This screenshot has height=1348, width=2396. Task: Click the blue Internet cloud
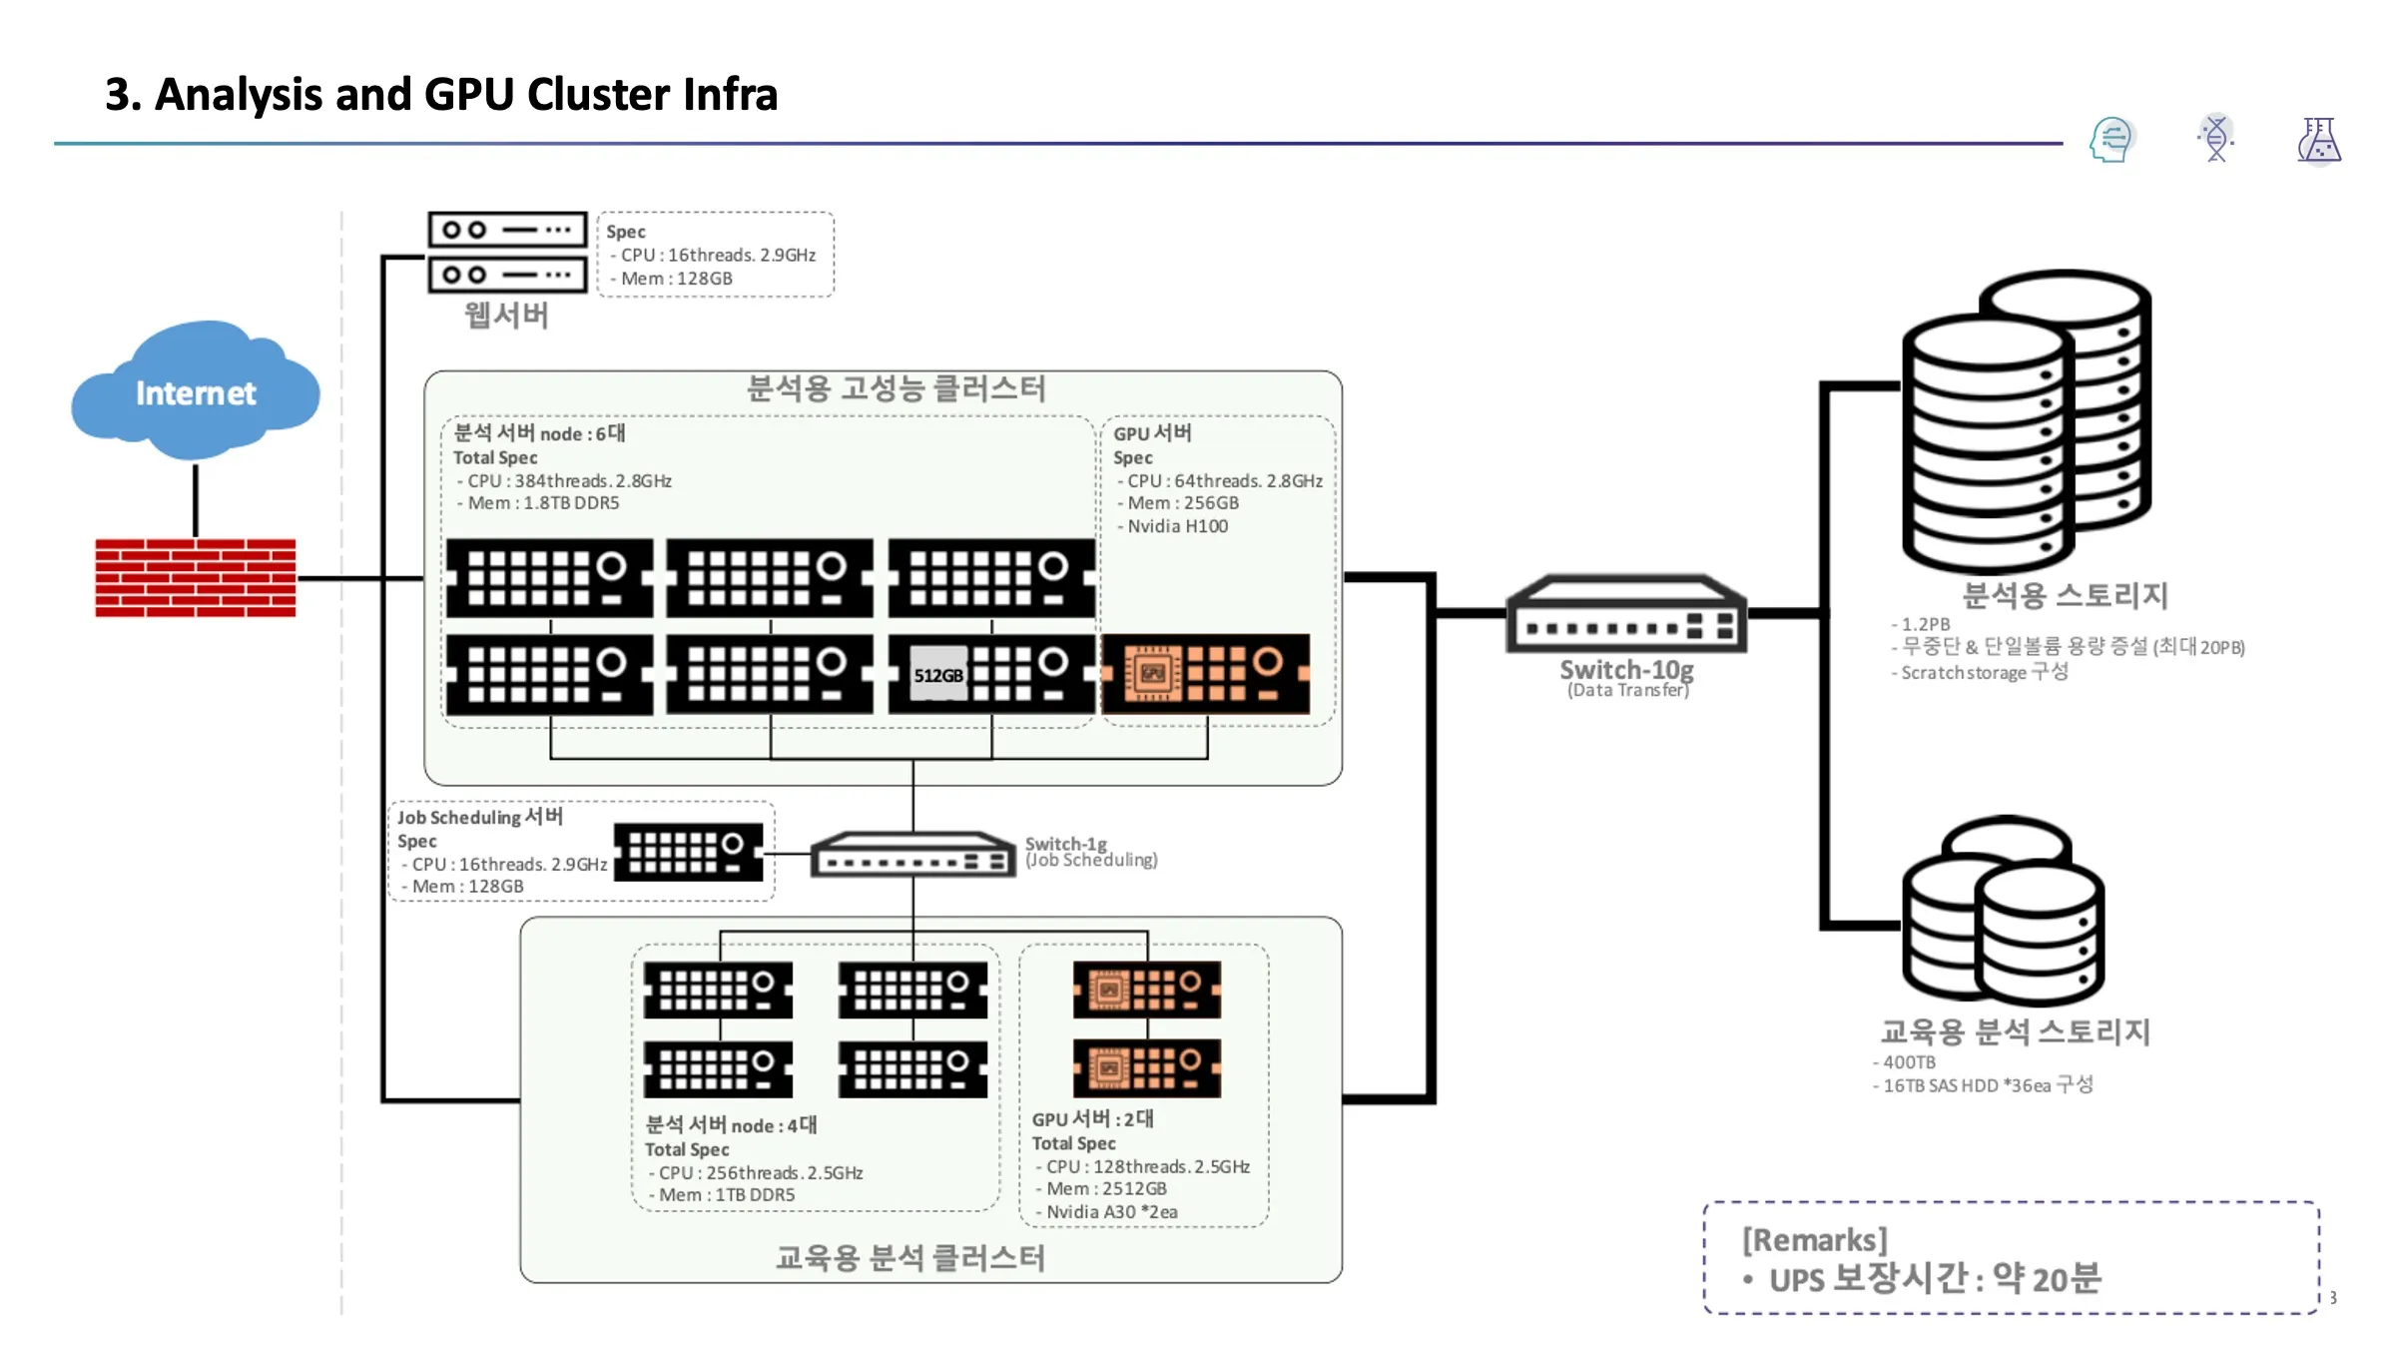coord(196,391)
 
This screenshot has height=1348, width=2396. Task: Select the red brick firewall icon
coord(196,577)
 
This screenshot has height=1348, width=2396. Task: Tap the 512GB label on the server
coord(938,675)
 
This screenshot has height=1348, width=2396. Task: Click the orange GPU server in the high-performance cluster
coord(1206,674)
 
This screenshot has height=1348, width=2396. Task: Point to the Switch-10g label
coord(1626,669)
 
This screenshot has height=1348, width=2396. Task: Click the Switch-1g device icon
coord(912,856)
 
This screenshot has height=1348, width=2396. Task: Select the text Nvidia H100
coord(1177,526)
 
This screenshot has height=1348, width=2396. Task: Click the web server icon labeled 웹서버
coord(507,252)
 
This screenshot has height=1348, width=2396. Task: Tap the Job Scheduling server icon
coord(688,852)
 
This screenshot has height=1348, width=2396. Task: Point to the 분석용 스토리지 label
coord(2065,595)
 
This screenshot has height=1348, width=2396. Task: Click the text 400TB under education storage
coord(1909,1062)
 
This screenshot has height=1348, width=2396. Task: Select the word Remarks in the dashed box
coord(1815,1240)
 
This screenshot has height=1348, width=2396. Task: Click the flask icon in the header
coord(2318,140)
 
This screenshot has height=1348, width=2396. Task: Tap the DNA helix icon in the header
coord(2215,139)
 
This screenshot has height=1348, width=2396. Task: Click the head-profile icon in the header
coord(2110,140)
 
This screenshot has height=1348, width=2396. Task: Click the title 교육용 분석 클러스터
coord(909,1258)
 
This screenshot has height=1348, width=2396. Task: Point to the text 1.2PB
coord(1925,624)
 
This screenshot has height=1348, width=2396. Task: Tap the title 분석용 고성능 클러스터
coord(896,388)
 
